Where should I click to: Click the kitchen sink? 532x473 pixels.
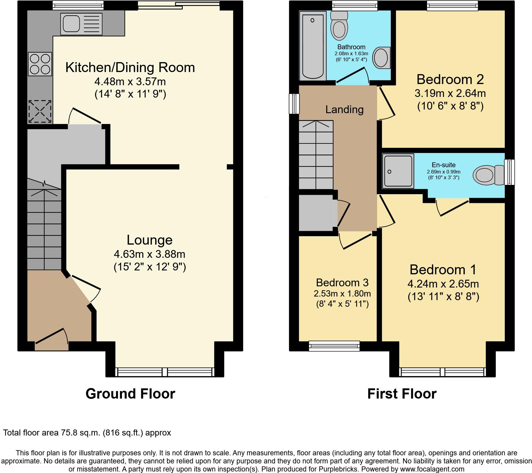click(x=81, y=24)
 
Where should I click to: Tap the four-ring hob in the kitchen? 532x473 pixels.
click(x=40, y=64)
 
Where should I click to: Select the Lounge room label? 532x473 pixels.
click(x=149, y=240)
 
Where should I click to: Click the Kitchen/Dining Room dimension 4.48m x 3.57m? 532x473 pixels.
click(x=130, y=81)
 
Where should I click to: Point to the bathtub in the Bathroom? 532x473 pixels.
click(x=312, y=46)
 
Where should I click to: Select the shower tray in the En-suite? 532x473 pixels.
click(x=398, y=171)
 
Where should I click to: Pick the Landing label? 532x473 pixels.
click(x=344, y=110)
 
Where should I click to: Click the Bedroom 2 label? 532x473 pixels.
click(x=450, y=80)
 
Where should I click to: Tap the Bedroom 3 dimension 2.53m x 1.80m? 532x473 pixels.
click(x=342, y=294)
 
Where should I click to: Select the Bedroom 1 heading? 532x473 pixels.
click(x=443, y=270)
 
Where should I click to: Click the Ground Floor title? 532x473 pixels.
click(x=130, y=393)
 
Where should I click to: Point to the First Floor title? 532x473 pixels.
click(x=402, y=393)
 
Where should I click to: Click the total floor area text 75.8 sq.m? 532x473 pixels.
click(x=87, y=433)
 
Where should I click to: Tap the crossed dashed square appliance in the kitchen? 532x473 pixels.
click(x=40, y=112)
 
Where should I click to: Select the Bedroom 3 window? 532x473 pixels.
click(x=334, y=346)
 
